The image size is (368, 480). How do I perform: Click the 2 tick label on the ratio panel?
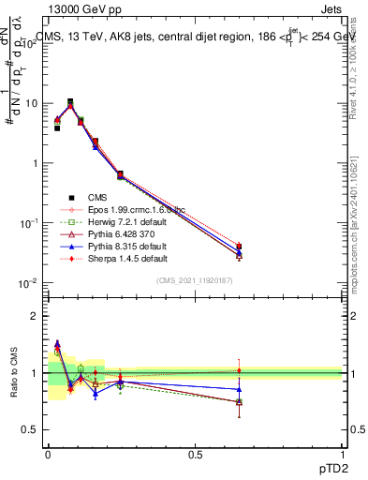pyautogui.click(x=34, y=316)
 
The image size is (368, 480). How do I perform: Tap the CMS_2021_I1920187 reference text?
pyautogui.click(x=195, y=280)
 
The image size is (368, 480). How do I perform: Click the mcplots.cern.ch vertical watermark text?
pyautogui.click(x=360, y=202)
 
